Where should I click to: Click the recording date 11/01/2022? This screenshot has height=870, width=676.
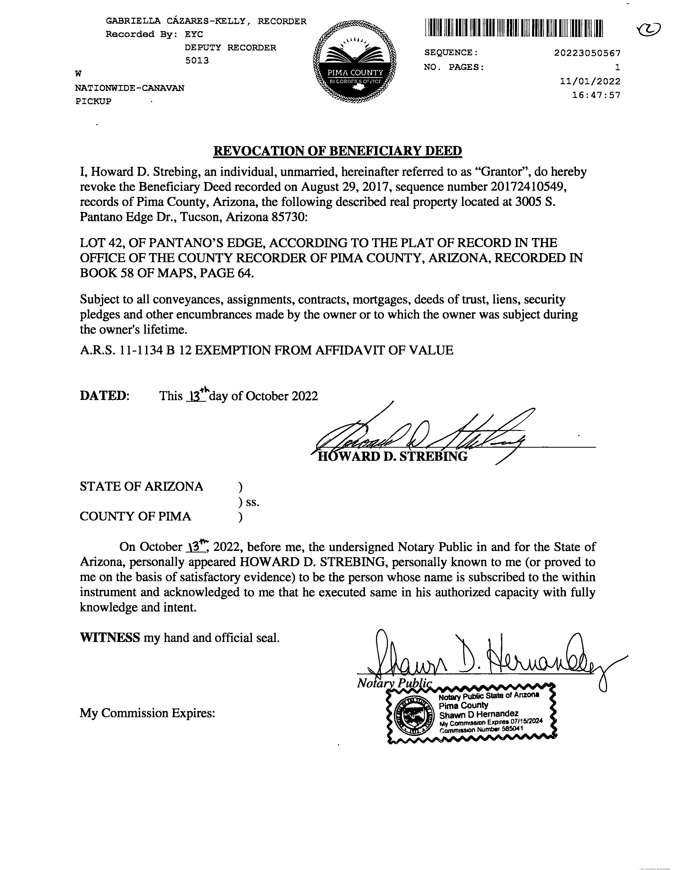point(590,82)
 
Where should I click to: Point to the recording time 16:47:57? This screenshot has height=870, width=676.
point(596,96)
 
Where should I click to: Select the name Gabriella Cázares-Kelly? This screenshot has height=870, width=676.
point(176,21)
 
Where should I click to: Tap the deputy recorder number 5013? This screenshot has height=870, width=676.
point(197,60)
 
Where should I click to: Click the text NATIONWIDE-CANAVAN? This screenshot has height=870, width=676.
point(130,88)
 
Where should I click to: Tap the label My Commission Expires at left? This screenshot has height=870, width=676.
point(147,713)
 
